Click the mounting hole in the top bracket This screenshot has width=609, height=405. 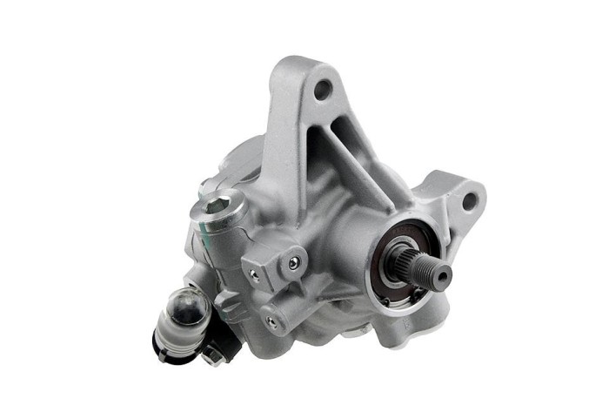323,87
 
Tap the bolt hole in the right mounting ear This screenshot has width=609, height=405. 469,201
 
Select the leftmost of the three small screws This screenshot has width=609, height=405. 252,274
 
